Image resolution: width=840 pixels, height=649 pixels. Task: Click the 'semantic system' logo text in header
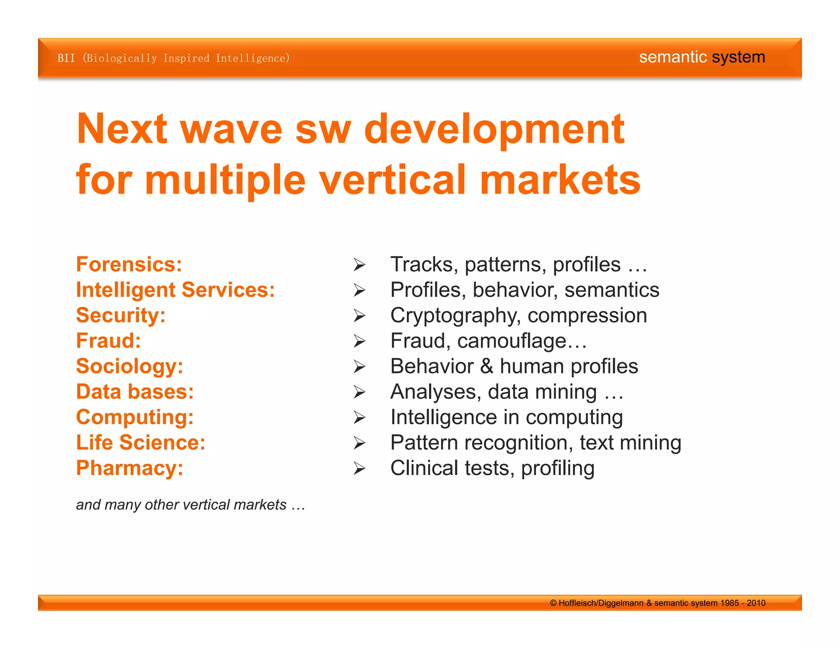[x=702, y=57]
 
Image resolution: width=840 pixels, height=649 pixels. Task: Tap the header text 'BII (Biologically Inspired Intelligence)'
[x=173, y=58]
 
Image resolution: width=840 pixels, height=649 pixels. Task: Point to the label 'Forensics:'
[x=129, y=264]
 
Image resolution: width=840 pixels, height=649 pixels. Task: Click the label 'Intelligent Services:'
[x=175, y=290]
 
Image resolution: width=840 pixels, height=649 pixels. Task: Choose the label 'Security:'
[x=121, y=315]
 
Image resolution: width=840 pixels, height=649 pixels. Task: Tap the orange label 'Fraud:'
[x=108, y=340]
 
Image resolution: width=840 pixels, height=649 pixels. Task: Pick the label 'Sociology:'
[x=129, y=366]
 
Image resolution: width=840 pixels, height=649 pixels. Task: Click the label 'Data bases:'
[x=135, y=391]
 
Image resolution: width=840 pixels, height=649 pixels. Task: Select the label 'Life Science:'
[x=140, y=442]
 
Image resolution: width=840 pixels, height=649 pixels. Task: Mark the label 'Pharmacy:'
[x=129, y=468]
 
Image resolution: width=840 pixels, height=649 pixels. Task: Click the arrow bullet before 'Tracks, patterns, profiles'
[x=359, y=265]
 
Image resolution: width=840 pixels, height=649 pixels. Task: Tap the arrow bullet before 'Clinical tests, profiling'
[x=359, y=468]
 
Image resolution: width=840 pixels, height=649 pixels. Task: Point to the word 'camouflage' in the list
[x=511, y=341]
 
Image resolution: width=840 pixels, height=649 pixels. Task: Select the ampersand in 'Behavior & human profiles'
[x=486, y=366]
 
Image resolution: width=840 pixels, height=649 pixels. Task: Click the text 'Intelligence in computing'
[x=506, y=417]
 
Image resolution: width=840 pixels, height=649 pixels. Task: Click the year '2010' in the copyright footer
[x=756, y=603]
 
